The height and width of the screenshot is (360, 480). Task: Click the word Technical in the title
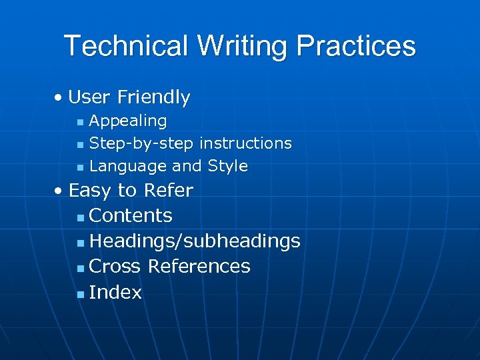tap(126, 46)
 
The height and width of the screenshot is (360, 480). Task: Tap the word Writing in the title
tap(242, 46)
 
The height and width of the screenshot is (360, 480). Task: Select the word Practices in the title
tap(356, 46)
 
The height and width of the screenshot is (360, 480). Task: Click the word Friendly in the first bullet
tap(153, 97)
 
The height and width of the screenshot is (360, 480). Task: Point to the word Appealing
tap(128, 121)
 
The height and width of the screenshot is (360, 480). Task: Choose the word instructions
tap(245, 143)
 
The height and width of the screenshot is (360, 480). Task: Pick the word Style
tap(227, 166)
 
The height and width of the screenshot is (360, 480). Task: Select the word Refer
tap(167, 191)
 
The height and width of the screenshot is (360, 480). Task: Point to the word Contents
tap(131, 216)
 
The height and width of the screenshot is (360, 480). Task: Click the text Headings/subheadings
tap(195, 241)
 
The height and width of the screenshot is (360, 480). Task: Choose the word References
tap(199, 267)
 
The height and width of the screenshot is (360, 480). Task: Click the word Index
tap(115, 293)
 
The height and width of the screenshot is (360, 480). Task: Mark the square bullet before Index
tap(81, 293)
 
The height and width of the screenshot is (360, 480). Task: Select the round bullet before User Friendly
tap(59, 98)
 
